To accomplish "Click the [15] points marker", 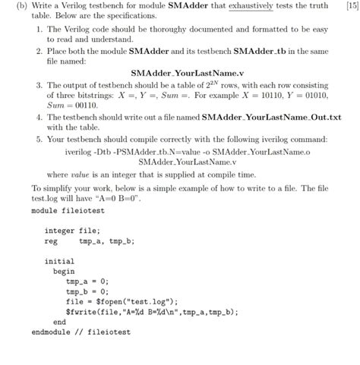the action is click(x=350, y=6).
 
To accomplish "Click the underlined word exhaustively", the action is click(x=240, y=6).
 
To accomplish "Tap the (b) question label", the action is click(x=16, y=6).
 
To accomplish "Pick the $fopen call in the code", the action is click(x=134, y=300).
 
